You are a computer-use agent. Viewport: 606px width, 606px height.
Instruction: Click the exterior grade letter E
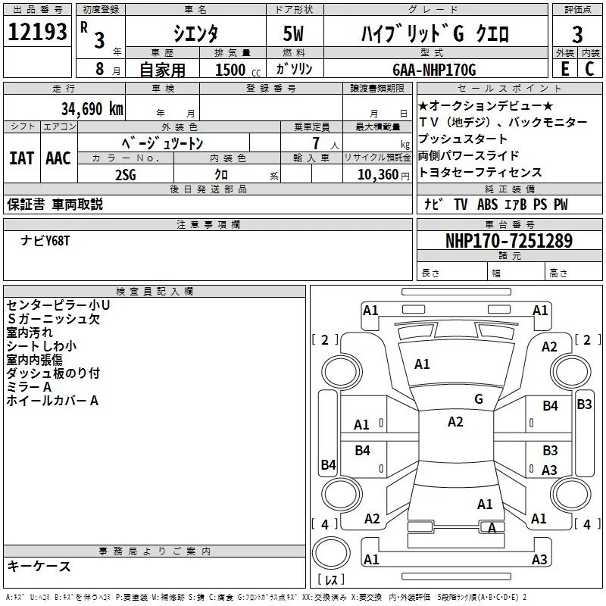[564, 69]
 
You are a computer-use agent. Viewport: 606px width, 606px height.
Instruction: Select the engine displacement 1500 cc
[232, 70]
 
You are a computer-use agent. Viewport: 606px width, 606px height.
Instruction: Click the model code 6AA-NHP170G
[434, 70]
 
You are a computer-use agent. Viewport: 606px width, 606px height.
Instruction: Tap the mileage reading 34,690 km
[91, 108]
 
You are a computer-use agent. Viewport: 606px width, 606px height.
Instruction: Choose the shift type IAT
[21, 158]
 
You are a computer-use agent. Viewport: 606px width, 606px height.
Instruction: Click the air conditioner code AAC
[58, 158]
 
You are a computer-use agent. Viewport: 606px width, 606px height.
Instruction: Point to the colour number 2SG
[125, 173]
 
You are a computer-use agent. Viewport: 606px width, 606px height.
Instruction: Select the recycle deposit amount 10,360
[376, 173]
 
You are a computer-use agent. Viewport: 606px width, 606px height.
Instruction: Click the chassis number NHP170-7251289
[509, 241]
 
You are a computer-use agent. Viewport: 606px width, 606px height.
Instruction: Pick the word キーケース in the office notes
[39, 566]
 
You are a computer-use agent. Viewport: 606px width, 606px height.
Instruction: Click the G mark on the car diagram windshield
[479, 399]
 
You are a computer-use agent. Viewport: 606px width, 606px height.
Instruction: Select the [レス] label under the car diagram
[331, 581]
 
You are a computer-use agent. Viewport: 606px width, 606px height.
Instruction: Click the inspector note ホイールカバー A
[52, 401]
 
